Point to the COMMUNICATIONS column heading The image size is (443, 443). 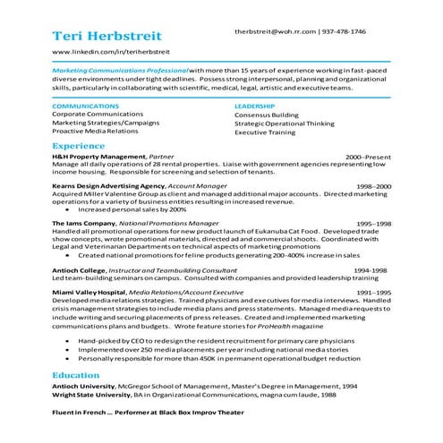[85, 106]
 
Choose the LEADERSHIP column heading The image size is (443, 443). [254, 106]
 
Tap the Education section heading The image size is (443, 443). [76, 376]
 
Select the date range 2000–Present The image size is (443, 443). [368, 156]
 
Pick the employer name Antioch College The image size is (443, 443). [79, 268]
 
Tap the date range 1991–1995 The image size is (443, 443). [373, 293]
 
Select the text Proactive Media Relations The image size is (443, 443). [95, 131]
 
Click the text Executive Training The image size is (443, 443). [264, 132]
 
